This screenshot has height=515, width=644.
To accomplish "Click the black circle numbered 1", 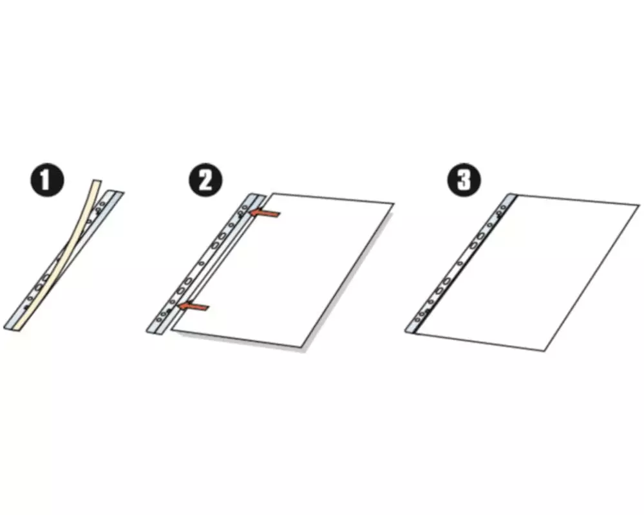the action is (x=47, y=180).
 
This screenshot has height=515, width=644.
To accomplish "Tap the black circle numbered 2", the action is (x=205, y=180).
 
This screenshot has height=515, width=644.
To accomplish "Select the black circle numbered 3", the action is (x=464, y=180).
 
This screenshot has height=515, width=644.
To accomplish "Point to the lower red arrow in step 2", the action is (x=194, y=306).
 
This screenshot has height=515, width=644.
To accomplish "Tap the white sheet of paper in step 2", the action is (x=283, y=270).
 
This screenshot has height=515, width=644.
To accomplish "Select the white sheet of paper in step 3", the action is (x=528, y=273).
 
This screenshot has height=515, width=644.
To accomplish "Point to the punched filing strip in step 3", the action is (x=461, y=263).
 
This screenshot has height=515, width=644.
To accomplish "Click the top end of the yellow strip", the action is (x=97, y=180).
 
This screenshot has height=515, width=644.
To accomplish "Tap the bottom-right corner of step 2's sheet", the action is (x=302, y=348).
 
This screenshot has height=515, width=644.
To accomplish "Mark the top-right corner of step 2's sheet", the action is (x=394, y=203).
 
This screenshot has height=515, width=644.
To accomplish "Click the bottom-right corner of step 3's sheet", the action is (x=545, y=351).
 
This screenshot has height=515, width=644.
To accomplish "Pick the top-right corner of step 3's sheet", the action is (x=639, y=204).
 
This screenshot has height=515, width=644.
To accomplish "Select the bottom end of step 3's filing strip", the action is (x=411, y=332).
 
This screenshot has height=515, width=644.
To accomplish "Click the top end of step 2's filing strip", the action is (x=258, y=194).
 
